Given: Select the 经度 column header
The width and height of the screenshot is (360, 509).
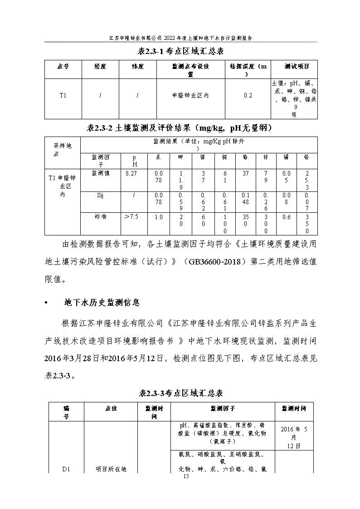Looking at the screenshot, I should tap(100, 67).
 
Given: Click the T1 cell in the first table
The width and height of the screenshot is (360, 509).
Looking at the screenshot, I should tap(63, 95).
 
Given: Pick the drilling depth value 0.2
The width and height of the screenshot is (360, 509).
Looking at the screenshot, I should tap(248, 95).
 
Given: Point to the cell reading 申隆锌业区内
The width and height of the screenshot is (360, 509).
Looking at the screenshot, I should tap(190, 95).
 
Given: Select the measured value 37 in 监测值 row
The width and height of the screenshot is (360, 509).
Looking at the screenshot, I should tap(246, 174).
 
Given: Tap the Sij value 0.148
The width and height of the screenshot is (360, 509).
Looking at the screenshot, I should tap(246, 198).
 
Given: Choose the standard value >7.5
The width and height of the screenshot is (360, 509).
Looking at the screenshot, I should tap(131, 217).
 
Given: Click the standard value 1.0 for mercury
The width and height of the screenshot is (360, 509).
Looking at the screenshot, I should tap(158, 217).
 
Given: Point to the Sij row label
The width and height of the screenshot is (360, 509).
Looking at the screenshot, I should tap(100, 195).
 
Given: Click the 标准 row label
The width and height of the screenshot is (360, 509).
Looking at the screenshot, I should tap(100, 217).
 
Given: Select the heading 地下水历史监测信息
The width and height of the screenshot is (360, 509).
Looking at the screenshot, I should tap(102, 302).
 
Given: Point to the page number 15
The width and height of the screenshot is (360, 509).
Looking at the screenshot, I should tap(185, 476).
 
